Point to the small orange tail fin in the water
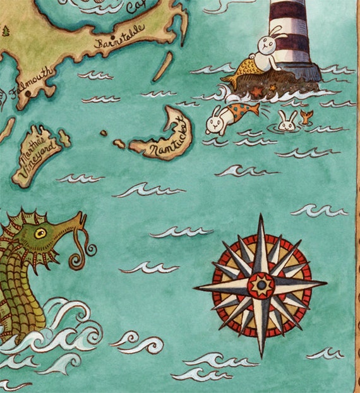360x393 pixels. click(307, 116)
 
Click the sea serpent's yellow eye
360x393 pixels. click(40, 233)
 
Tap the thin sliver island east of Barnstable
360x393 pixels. click(162, 66)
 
